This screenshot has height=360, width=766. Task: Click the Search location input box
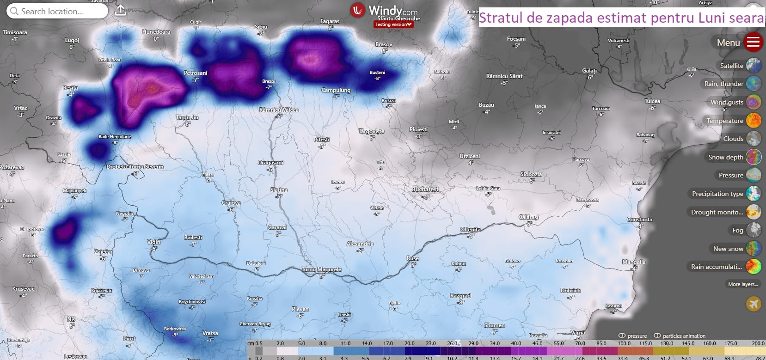point(57,12)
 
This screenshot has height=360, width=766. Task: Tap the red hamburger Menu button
point(753,43)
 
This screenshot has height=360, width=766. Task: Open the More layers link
point(742,284)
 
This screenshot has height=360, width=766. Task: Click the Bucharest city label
point(425,189)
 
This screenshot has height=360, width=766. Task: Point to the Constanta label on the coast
point(639,220)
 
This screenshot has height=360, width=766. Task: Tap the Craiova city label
point(231,203)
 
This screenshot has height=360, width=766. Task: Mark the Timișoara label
point(15,32)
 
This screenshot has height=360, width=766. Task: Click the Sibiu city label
point(261,27)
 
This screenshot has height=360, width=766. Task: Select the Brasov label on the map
point(384,44)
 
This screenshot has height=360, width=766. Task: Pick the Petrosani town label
point(196,73)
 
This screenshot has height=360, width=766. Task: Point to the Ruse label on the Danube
point(413,258)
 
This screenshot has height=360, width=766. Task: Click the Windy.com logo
point(384,11)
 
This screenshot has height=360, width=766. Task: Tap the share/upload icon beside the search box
point(120,11)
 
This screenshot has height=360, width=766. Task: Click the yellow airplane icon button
point(754,304)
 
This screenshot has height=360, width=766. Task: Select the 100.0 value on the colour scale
point(624,343)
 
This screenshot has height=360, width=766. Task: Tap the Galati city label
point(589,71)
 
